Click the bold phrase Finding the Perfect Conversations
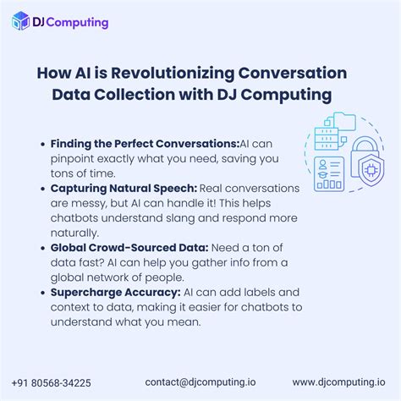tap(145, 144)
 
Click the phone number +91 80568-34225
tap(52, 382)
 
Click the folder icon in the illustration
tap(346, 119)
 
